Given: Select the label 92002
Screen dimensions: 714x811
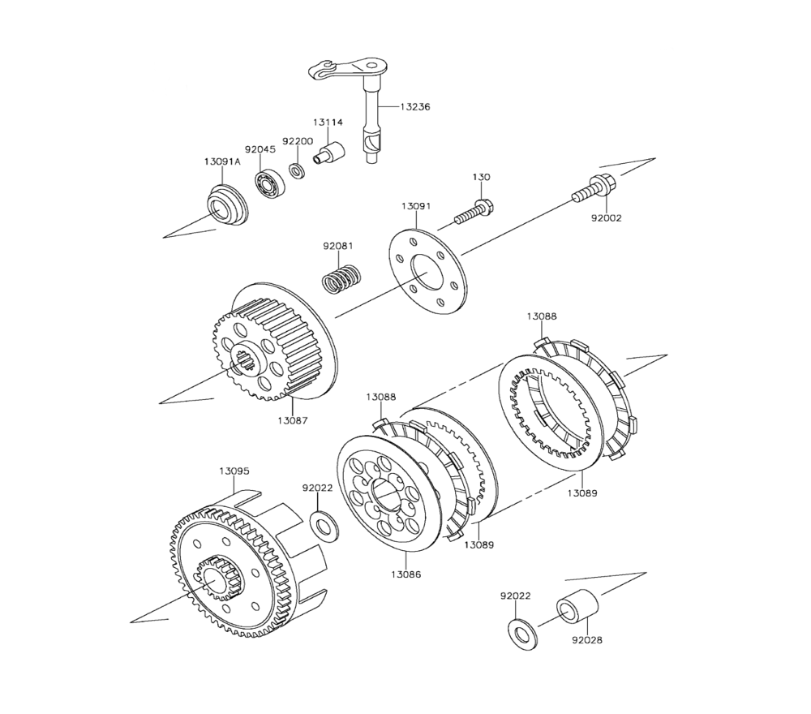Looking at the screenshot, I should [606, 218].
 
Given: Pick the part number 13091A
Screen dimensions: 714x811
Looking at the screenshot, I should [222, 161].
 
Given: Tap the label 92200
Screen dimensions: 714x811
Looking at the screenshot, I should [298, 141].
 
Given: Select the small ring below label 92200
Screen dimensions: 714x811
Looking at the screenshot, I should [298, 170].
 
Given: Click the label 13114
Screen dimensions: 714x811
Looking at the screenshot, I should [328, 123].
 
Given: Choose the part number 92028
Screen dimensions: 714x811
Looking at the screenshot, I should [586, 640].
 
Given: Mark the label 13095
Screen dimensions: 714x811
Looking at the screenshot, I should [234, 471].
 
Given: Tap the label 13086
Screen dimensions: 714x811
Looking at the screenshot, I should [405, 574].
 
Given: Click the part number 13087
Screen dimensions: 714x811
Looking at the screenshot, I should [292, 420].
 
